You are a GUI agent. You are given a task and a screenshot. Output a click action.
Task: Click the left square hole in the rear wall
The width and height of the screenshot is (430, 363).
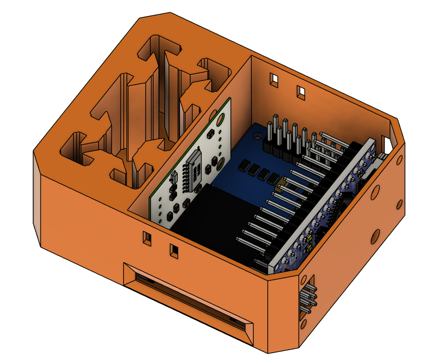[274, 80]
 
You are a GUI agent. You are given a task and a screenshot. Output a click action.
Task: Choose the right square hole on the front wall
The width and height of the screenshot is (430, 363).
[174, 249]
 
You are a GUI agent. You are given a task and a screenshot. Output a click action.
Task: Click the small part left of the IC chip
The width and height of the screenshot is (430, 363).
[173, 179]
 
